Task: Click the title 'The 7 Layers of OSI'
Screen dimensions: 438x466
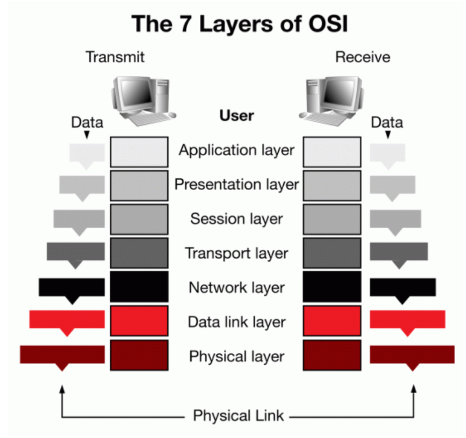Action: point(240,24)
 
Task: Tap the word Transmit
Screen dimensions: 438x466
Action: point(115,57)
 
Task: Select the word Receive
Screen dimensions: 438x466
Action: point(363,57)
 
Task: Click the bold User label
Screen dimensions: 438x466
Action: point(237,116)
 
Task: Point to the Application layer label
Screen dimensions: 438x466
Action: point(237,150)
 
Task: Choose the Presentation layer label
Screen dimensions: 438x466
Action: point(237,185)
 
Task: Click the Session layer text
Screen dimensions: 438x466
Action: point(237,219)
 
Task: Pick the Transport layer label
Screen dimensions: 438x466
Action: point(237,253)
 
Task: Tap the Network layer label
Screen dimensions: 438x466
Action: point(237,288)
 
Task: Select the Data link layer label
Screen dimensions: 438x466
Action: point(237,322)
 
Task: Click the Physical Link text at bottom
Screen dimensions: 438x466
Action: point(238,416)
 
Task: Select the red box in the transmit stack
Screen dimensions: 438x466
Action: point(139,321)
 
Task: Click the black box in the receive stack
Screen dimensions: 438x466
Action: point(332,287)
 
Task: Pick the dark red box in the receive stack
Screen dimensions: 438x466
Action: point(332,355)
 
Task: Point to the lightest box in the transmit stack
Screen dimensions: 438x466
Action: point(139,152)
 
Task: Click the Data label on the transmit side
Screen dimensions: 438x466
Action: point(87,123)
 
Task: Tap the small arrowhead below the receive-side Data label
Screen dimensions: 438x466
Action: point(388,134)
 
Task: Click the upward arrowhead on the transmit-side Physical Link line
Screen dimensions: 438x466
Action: point(62,389)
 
